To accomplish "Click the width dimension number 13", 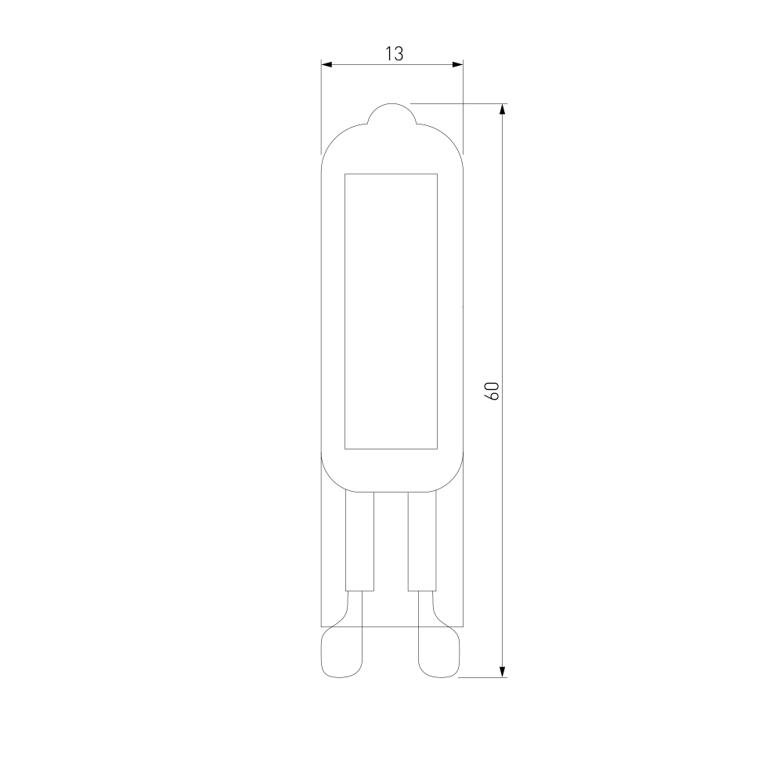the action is (x=394, y=54).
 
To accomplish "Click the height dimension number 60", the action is (x=492, y=391).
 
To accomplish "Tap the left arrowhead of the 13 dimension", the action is (x=327, y=64).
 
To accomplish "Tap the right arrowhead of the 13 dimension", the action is (x=457, y=64).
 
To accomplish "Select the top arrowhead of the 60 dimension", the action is (x=503, y=110).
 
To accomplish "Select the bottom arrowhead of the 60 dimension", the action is (x=503, y=672).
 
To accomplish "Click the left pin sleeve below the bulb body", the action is (x=359, y=541).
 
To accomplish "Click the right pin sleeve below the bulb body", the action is (x=423, y=541).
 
